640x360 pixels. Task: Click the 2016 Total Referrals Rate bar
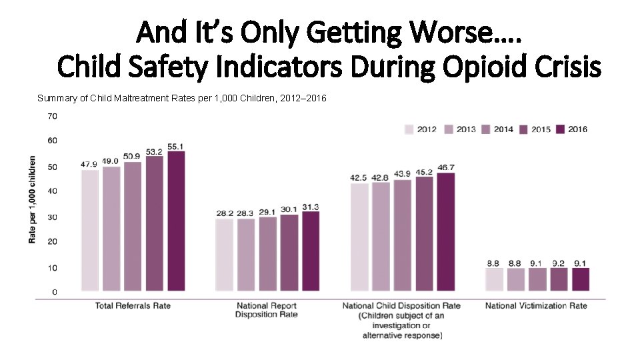(176, 221)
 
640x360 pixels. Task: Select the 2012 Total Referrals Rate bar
(89, 231)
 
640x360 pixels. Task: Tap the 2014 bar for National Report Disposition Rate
(267, 254)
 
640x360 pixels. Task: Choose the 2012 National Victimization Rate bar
(494, 280)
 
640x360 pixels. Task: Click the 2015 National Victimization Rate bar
(559, 280)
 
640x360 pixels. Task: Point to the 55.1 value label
(176, 146)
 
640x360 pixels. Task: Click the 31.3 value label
(311, 207)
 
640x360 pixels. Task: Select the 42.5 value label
(359, 177)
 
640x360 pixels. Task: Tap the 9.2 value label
(559, 263)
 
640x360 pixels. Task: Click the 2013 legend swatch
(448, 129)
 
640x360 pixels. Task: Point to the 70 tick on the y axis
(52, 116)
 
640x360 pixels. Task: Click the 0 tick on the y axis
(55, 292)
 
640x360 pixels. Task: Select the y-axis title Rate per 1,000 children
(32, 200)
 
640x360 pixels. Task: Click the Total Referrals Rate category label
(133, 306)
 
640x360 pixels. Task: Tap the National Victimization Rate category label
(536, 306)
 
